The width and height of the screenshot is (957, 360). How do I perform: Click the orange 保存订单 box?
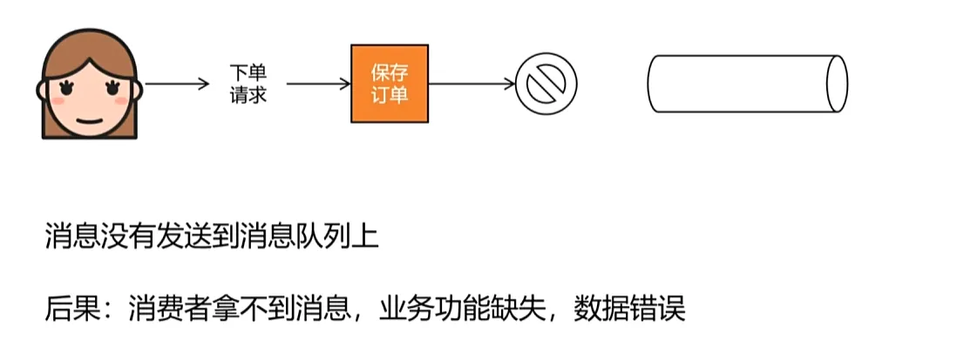pos(390,84)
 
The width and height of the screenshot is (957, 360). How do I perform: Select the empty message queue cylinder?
pos(741,83)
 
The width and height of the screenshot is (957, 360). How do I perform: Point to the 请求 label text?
pos(244,94)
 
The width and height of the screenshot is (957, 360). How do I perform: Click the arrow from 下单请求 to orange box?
pos(317,85)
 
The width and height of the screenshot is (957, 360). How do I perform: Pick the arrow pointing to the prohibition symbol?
pos(472,85)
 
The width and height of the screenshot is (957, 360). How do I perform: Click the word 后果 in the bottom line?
pos(66,309)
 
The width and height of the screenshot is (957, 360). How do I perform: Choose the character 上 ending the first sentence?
pos(367,237)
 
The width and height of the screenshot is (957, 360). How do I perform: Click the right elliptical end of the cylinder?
pos(837,83)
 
